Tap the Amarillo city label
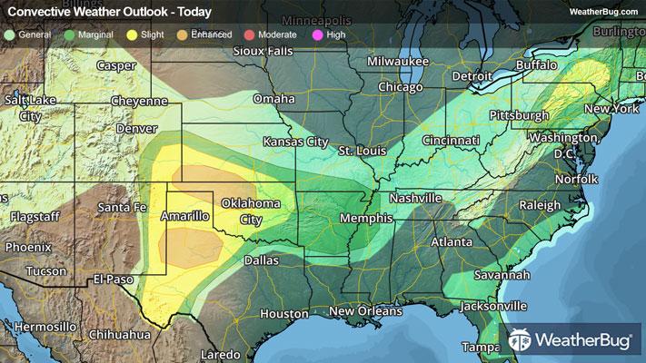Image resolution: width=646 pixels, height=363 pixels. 185,216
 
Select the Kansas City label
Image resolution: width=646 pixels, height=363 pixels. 295,142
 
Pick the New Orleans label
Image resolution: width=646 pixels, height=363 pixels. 365,311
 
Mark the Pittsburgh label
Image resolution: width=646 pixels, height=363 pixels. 518,116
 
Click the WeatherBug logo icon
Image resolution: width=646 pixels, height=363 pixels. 522,341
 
